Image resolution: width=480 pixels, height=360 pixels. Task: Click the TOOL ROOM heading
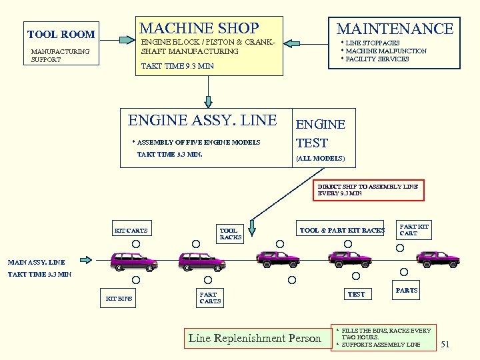click(x=61, y=34)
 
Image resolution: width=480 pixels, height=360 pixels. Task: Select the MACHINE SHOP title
click(x=199, y=28)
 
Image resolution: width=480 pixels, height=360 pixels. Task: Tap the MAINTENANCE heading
click(x=395, y=29)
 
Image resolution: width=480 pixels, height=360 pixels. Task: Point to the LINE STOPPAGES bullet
click(x=373, y=43)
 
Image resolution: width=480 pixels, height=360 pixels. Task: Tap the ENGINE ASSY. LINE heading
click(x=202, y=121)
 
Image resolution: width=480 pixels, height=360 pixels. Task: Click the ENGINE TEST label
click(x=321, y=133)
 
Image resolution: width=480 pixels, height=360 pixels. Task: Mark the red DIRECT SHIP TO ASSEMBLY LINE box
click(x=368, y=189)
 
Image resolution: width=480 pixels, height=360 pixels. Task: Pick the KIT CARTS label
click(x=131, y=231)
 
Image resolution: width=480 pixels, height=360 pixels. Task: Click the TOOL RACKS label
click(x=231, y=233)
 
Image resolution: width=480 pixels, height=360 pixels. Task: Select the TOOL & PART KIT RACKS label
click(x=342, y=230)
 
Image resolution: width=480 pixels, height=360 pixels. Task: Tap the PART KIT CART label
click(x=413, y=229)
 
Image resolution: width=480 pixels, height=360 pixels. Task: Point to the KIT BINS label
click(x=119, y=298)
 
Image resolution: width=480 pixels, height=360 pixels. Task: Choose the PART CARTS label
click(x=210, y=297)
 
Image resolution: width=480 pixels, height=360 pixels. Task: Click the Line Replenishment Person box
click(x=255, y=338)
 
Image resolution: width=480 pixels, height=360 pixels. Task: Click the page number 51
click(x=446, y=344)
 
